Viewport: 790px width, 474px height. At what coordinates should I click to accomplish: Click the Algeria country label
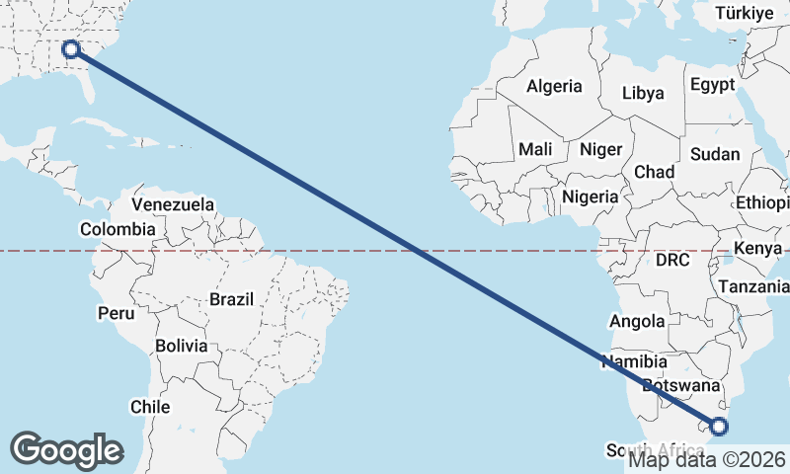pyautogui.click(x=554, y=87)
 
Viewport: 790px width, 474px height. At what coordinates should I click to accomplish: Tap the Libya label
pyautogui.click(x=643, y=94)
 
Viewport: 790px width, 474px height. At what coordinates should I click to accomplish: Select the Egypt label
pyautogui.click(x=713, y=85)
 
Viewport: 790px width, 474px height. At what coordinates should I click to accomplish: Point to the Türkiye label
pyautogui.click(x=745, y=13)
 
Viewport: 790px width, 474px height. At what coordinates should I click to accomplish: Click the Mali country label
pyautogui.click(x=535, y=149)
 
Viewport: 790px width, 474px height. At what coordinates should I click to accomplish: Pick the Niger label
pyautogui.click(x=601, y=149)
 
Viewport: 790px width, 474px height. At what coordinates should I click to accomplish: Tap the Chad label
pyautogui.click(x=654, y=172)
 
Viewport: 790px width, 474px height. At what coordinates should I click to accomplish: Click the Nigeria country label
pyautogui.click(x=591, y=197)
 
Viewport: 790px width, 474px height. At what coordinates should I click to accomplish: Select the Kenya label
pyautogui.click(x=758, y=248)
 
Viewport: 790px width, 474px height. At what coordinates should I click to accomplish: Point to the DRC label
pyautogui.click(x=672, y=260)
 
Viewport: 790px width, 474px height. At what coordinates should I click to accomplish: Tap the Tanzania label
pyautogui.click(x=754, y=286)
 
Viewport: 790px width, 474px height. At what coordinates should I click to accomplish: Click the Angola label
pyautogui.click(x=637, y=321)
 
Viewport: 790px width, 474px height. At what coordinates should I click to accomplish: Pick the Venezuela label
pyautogui.click(x=173, y=204)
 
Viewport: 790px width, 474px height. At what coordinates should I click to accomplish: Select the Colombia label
pyautogui.click(x=118, y=229)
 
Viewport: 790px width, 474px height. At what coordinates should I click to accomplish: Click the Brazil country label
pyautogui.click(x=232, y=298)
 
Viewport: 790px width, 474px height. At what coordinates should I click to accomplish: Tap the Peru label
pyautogui.click(x=116, y=313)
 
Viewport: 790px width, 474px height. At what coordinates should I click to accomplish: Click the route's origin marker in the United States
pyautogui.click(x=70, y=48)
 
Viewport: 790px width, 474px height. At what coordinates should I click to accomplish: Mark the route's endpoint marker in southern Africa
pyautogui.click(x=719, y=427)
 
